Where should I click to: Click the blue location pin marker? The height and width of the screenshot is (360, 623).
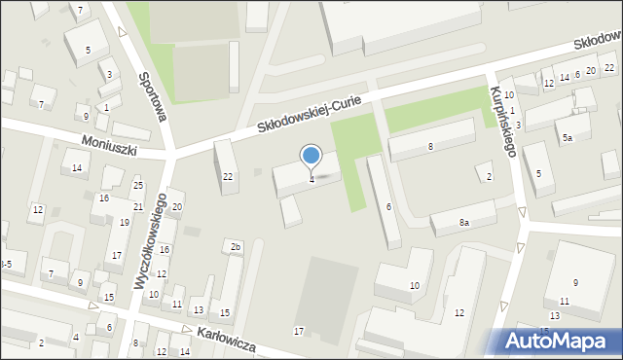click(x=311, y=156)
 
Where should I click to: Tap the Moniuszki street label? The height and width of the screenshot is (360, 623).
click(x=110, y=147)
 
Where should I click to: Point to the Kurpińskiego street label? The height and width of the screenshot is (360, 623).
click(x=503, y=122)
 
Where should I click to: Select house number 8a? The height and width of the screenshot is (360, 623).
click(x=464, y=223)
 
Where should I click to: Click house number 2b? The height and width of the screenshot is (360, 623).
click(x=236, y=247)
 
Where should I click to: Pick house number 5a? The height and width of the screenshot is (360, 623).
click(x=567, y=138)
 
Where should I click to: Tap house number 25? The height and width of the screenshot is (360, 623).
click(x=138, y=186)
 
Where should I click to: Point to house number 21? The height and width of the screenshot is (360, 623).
click(x=138, y=207)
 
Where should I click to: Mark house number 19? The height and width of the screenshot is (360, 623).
click(x=125, y=223)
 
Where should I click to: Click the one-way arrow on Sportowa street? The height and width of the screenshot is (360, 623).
click(x=123, y=31)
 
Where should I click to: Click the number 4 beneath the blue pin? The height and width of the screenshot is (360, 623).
click(x=311, y=179)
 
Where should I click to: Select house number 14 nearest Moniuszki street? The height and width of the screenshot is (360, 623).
click(x=77, y=167)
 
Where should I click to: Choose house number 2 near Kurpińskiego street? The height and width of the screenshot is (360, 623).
click(x=489, y=176)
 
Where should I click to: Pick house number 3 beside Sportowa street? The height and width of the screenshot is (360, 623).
click(x=110, y=75)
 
